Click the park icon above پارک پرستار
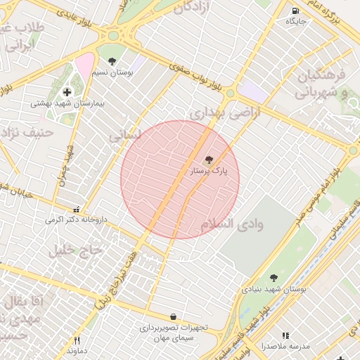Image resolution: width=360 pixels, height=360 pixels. pyautogui.click(x=208, y=160)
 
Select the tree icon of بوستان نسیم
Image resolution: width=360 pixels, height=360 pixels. pyautogui.click(x=112, y=62)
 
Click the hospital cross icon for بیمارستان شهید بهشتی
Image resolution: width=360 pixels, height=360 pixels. pyautogui.click(x=67, y=92)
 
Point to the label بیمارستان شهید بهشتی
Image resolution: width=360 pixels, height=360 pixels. pyautogui.click(x=67, y=103)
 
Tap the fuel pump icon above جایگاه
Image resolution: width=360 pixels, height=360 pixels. pyautogui.click(x=294, y=11)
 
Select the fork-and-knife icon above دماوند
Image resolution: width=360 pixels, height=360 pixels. pyautogui.click(x=77, y=340)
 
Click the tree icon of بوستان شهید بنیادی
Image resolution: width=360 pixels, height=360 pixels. pyautogui.click(x=274, y=278)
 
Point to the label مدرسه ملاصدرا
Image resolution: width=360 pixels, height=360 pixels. pyautogui.click(x=285, y=347)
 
